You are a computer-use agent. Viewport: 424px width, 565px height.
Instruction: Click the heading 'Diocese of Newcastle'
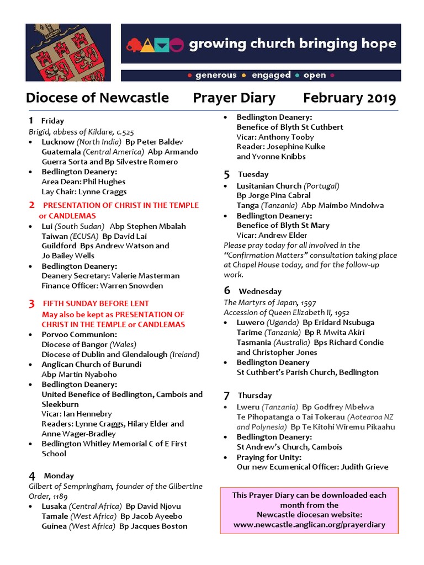click(97, 98)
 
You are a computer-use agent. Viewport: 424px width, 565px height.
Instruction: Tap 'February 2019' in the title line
click(349, 98)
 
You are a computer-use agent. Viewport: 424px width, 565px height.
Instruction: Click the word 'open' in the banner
click(315, 75)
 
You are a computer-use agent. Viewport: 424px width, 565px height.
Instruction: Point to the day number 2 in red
click(31, 205)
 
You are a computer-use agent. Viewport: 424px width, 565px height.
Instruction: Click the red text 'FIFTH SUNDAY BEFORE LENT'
click(96, 303)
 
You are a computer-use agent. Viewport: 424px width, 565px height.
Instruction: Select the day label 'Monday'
click(59, 476)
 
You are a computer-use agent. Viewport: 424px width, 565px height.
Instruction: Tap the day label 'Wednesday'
click(260, 291)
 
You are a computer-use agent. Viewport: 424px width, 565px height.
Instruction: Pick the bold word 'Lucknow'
click(58, 142)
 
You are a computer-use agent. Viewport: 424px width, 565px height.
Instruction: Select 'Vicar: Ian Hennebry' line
click(77, 414)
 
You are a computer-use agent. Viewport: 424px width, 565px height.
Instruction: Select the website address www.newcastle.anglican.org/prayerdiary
click(309, 525)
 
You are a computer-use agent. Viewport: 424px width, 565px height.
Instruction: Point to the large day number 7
click(226, 396)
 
